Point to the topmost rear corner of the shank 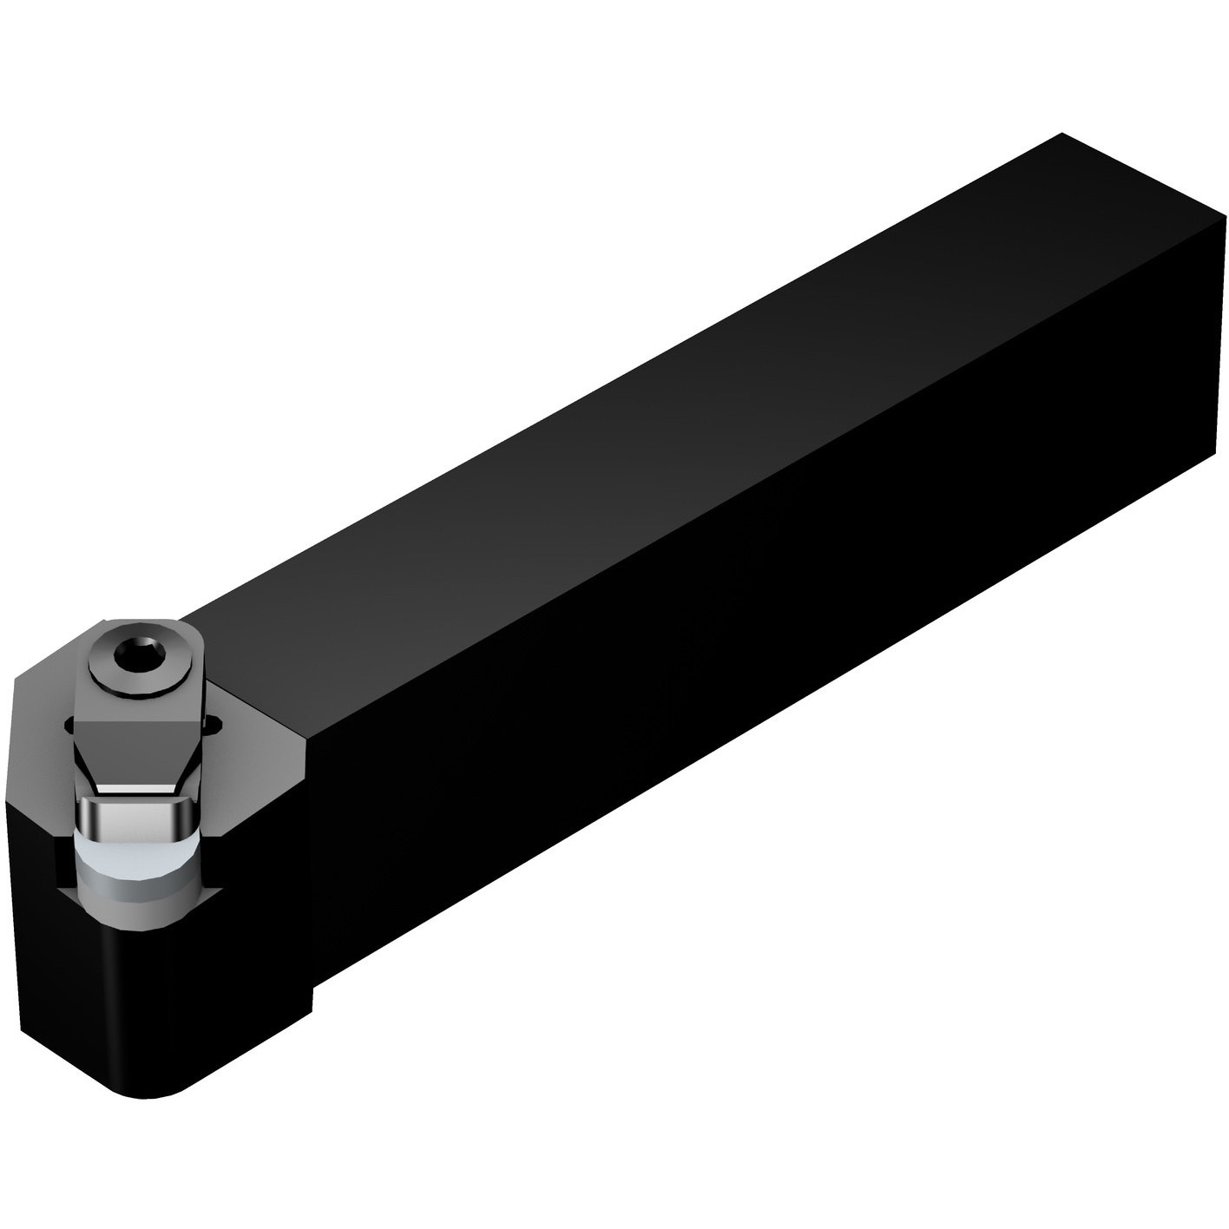point(1061,135)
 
